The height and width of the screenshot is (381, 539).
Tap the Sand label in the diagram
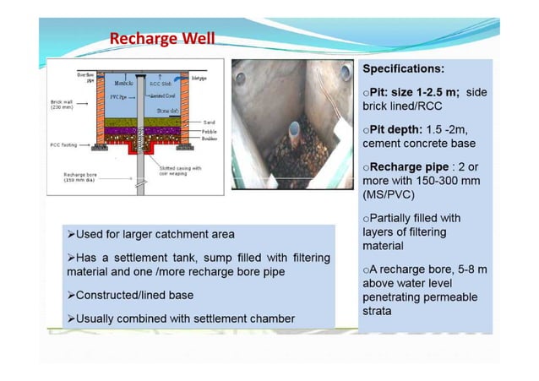click(209, 122)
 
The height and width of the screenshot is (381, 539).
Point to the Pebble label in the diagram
click(210, 133)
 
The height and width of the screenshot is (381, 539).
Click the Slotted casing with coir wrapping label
click(180, 171)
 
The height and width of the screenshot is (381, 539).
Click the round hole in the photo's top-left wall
click(242, 79)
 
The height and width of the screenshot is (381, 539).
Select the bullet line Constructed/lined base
click(136, 296)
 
